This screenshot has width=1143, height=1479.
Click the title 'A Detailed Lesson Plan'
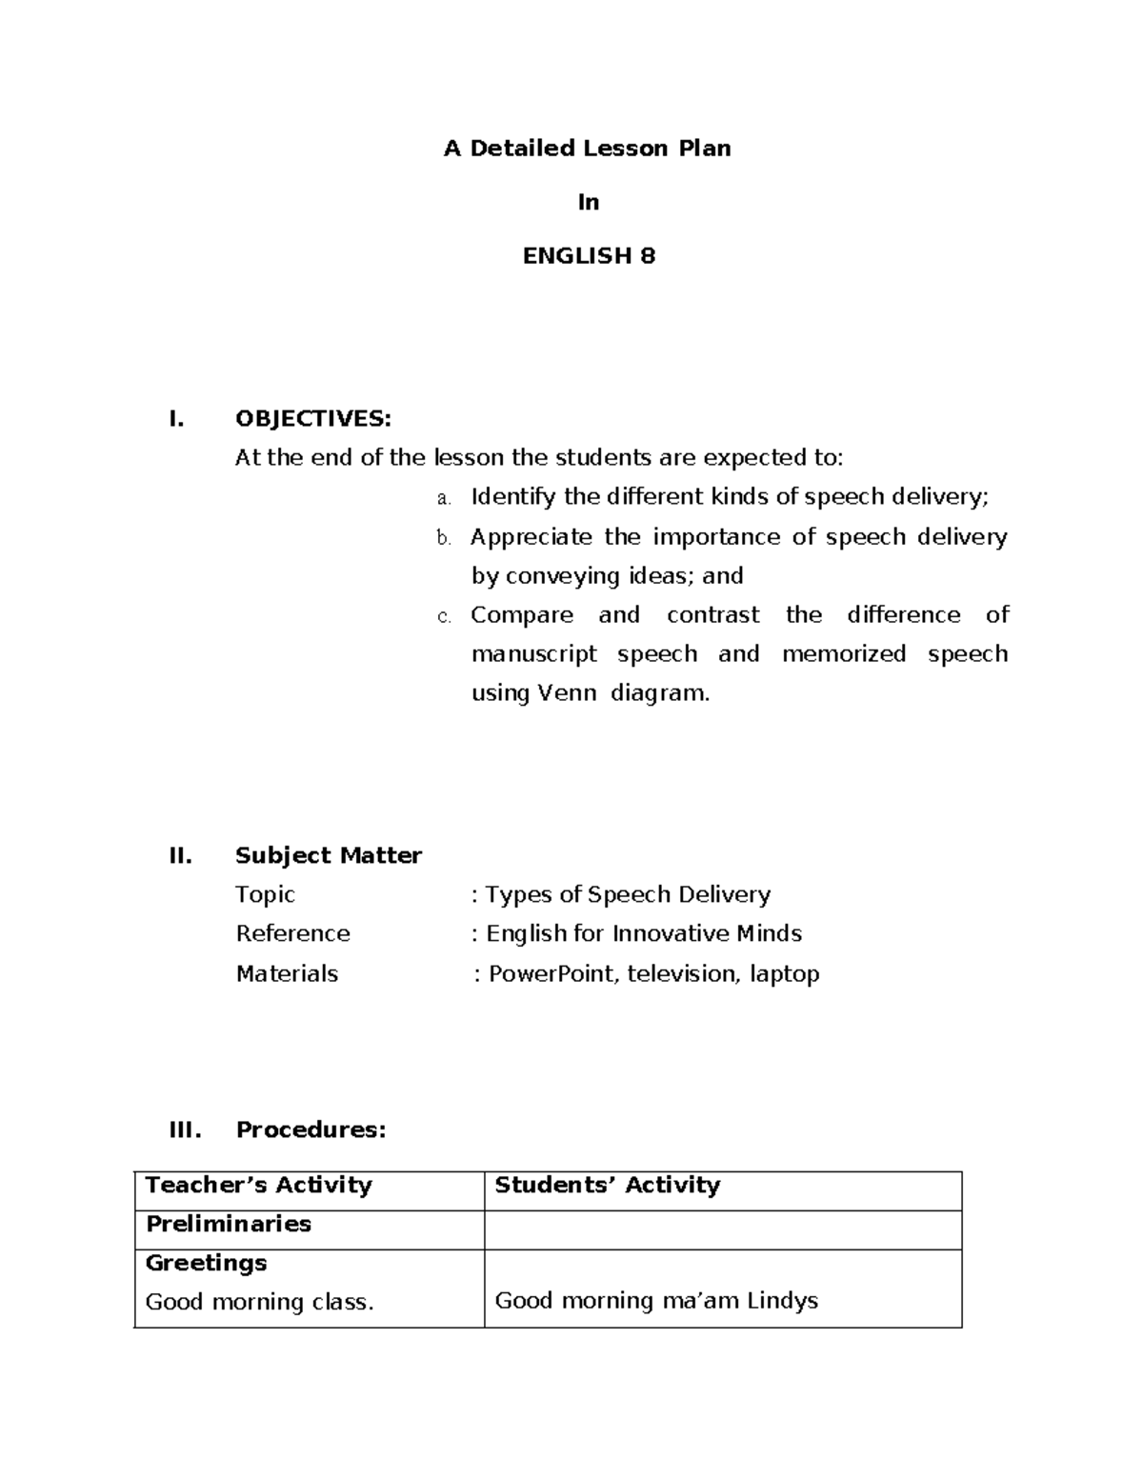[x=587, y=149]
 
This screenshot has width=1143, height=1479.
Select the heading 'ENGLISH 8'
[x=589, y=256]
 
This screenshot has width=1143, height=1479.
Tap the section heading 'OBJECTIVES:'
[x=312, y=419]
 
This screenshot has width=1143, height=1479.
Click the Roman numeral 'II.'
[x=180, y=855]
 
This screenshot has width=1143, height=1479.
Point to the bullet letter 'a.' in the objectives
[x=442, y=498]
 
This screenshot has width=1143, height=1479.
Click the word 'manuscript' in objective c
[x=533, y=654]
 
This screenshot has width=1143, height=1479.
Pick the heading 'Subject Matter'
[x=328, y=855]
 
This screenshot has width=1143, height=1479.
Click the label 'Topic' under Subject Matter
[x=265, y=894]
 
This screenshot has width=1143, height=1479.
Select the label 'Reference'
[x=292, y=933]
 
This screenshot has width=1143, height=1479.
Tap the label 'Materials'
[x=287, y=973]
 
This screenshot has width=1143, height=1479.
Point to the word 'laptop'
[x=784, y=974]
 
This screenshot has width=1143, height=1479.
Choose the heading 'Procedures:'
[x=311, y=1129]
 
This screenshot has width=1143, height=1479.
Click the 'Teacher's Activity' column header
[x=258, y=1185]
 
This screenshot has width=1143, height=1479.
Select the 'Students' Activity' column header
[x=607, y=1185]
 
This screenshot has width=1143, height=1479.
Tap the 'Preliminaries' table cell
[x=228, y=1224]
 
